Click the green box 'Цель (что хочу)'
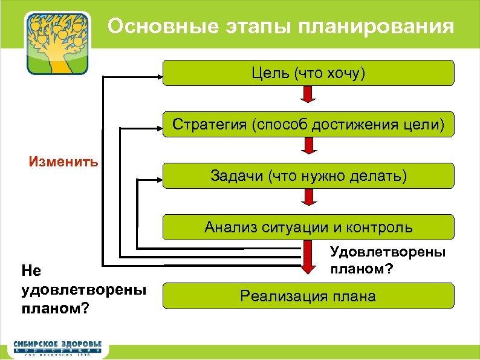309,73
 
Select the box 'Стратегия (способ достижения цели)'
309,125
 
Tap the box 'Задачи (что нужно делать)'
309,176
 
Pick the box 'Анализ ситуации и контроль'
309,227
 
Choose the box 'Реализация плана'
309,296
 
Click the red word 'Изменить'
64,162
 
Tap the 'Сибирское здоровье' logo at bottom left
58,347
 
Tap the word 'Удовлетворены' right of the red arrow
388,252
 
